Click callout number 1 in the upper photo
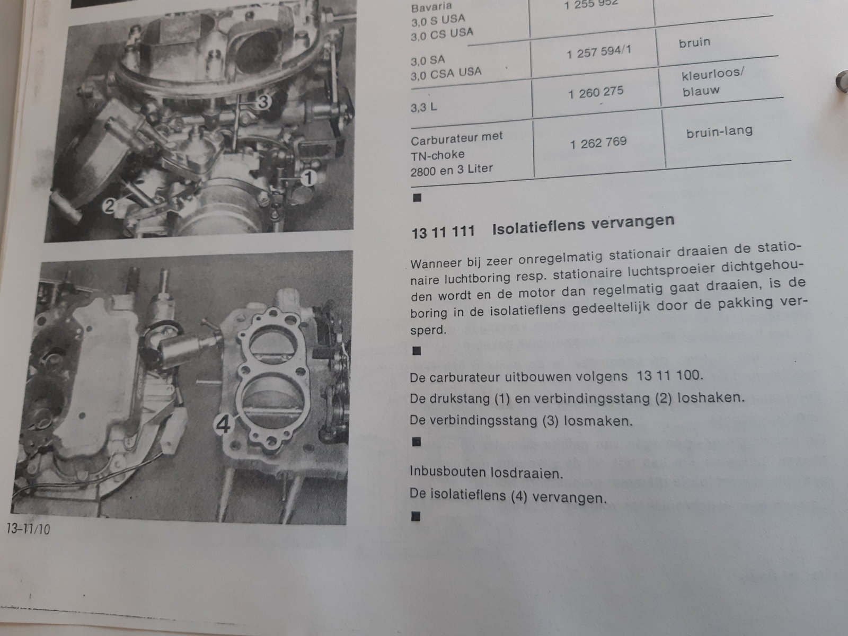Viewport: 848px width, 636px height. pos(308,178)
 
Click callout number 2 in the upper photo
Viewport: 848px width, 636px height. pos(109,206)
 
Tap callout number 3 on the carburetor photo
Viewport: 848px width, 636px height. pos(263,102)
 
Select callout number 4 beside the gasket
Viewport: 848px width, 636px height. pos(223,425)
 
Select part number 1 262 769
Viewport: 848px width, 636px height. pos(598,143)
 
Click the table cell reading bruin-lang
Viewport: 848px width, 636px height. pos(719,131)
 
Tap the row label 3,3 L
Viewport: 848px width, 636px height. pos(424,107)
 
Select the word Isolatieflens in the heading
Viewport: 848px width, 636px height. pos(537,227)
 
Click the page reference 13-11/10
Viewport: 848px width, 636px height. pos(28,529)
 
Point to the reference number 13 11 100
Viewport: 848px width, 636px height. pos(669,375)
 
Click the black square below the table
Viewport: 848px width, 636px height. pos(417,198)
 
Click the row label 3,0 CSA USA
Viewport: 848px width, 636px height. pos(446,73)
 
